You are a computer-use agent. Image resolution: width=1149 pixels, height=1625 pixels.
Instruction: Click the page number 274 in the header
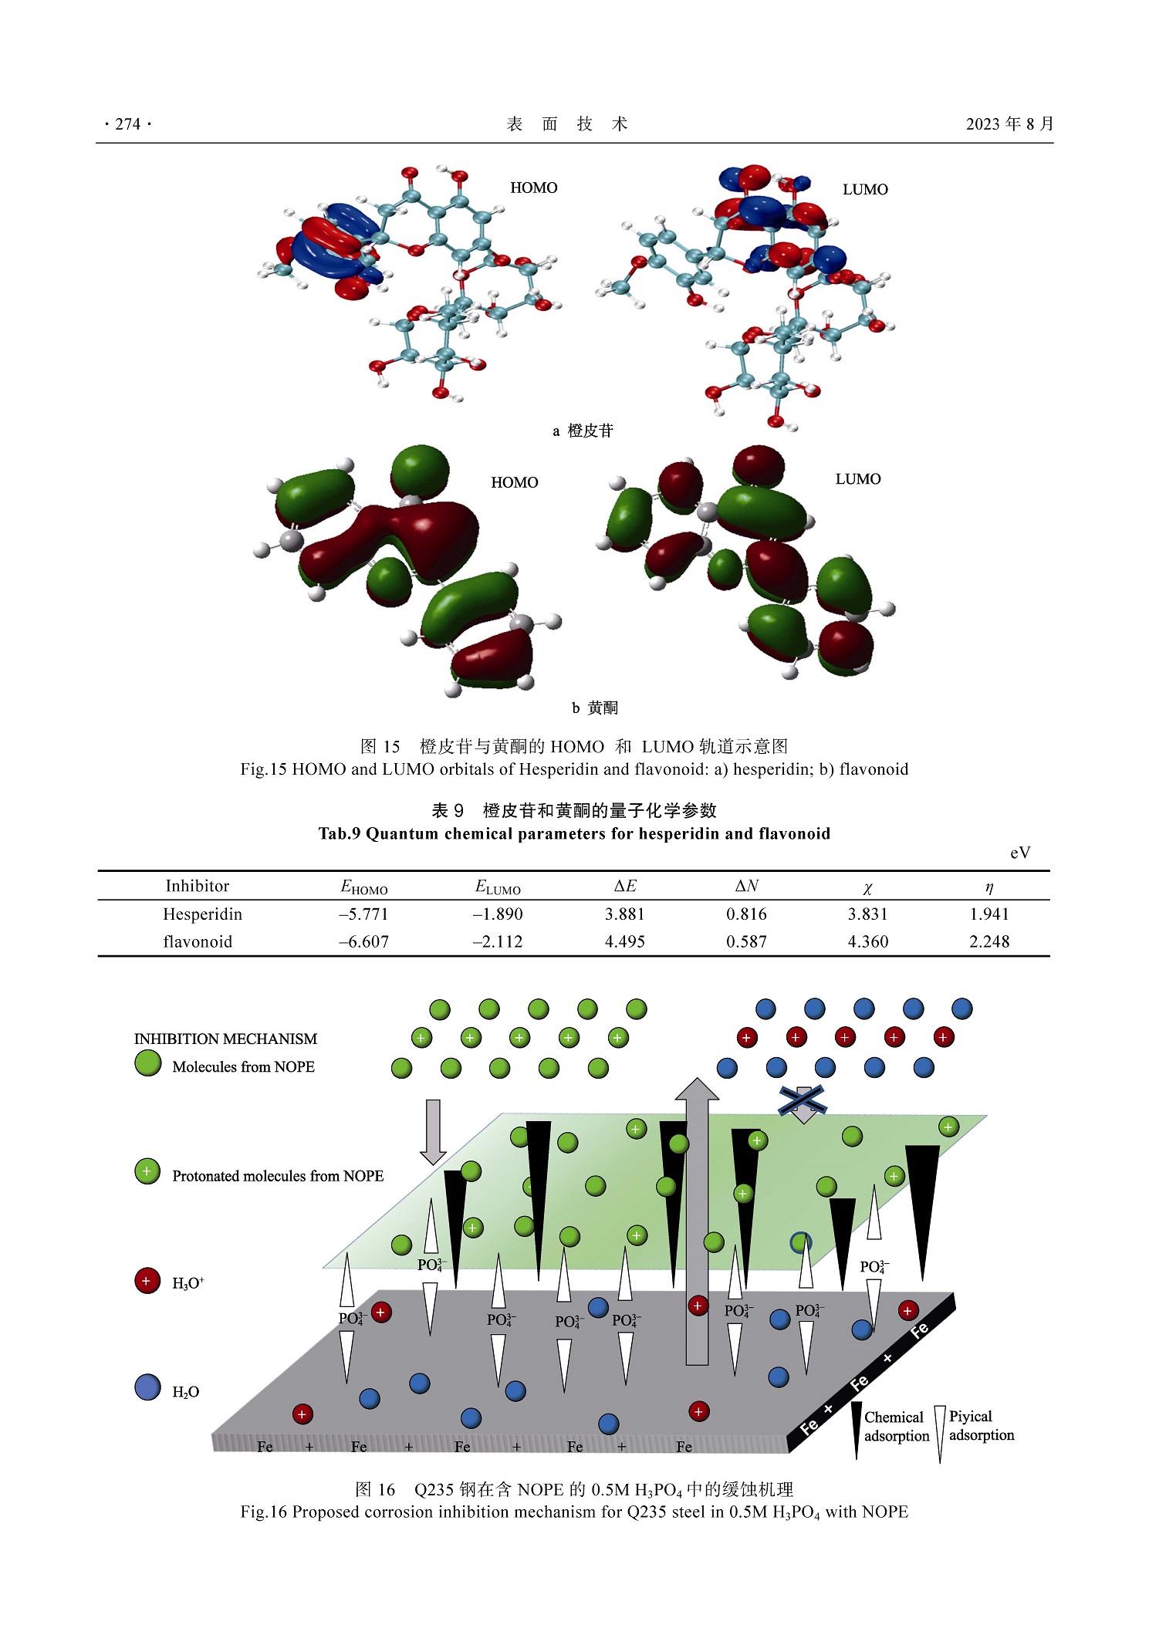tap(127, 123)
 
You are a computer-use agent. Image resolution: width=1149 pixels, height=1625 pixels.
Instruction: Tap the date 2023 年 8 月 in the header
tap(1009, 123)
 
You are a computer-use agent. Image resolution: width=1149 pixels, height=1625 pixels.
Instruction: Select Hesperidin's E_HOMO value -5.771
tap(363, 914)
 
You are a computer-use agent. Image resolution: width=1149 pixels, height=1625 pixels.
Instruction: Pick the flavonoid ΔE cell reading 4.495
tap(624, 942)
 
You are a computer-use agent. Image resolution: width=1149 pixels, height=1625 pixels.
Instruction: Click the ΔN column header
tap(746, 886)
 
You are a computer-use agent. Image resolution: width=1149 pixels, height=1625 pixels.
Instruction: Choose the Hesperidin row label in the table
tap(202, 914)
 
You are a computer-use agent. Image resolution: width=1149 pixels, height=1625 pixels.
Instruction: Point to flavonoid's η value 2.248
tap(988, 942)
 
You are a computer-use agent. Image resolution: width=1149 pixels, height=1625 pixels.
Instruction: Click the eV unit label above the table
tap(1019, 853)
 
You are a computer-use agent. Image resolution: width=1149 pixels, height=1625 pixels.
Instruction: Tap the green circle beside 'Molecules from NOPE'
tap(147, 1063)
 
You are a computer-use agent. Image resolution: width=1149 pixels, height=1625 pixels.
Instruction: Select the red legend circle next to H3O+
tap(147, 1281)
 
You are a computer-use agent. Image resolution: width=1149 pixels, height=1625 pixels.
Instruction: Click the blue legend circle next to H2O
tap(147, 1387)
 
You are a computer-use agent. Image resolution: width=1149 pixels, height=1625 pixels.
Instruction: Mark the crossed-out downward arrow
tap(803, 1102)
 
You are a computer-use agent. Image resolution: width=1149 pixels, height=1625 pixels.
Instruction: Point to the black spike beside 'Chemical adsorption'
tap(856, 1429)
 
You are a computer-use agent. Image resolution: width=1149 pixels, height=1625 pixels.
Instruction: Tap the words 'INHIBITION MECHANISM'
tap(225, 1039)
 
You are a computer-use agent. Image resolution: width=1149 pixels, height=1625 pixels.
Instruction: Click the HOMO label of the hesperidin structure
tap(533, 187)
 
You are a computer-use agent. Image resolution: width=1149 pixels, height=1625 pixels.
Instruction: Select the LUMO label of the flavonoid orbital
tap(857, 479)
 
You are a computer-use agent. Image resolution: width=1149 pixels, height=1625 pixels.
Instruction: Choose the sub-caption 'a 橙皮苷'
tap(583, 431)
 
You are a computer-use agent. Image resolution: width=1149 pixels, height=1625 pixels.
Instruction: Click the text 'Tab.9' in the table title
tap(339, 833)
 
